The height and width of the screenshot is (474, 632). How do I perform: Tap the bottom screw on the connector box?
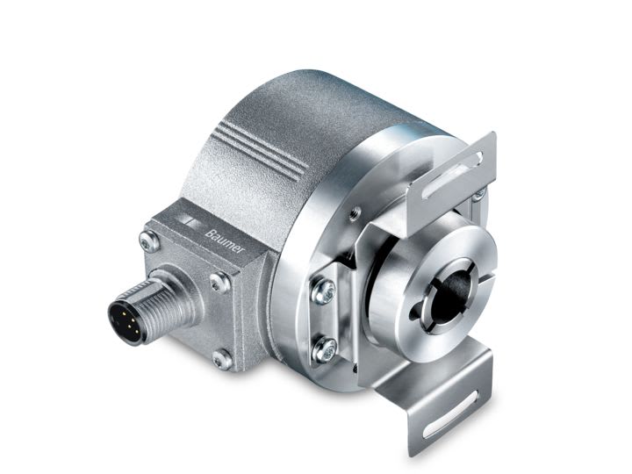(x=221, y=358)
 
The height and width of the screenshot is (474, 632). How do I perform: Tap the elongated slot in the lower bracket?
(x=451, y=408)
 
